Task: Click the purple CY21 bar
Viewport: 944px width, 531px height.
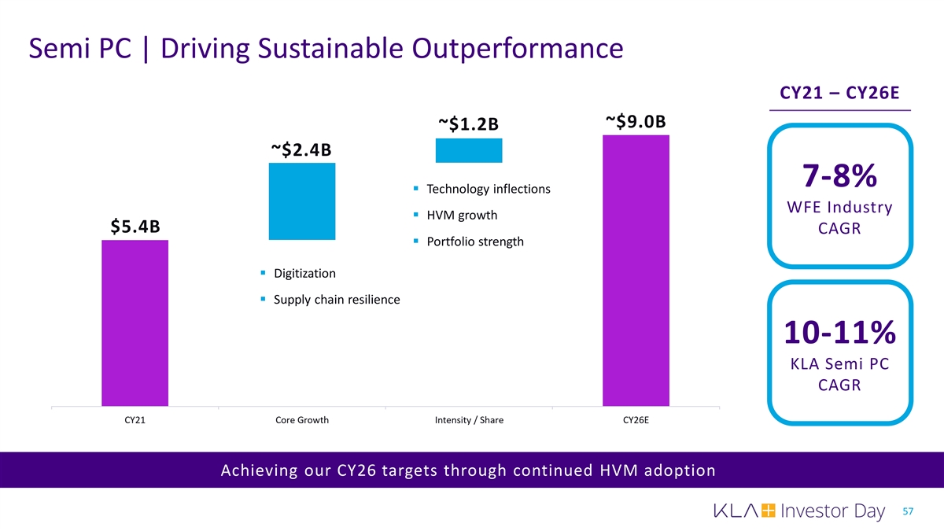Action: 135,323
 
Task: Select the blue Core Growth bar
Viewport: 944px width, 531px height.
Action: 302,201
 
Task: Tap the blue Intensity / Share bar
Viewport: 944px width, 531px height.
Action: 469,150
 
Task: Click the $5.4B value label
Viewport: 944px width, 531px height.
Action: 135,227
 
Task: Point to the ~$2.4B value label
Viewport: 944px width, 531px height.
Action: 301,149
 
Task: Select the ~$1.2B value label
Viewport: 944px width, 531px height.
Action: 469,124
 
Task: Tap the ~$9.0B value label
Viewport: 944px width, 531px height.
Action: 636,121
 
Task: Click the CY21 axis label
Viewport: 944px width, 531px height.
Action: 135,420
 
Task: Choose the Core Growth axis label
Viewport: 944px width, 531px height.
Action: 302,420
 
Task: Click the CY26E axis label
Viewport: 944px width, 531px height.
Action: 636,420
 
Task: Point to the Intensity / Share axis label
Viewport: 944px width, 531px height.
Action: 469,420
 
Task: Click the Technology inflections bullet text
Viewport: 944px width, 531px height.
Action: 488,190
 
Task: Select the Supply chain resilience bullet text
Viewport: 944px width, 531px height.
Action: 336,300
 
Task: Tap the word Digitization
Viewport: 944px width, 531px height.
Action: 304,273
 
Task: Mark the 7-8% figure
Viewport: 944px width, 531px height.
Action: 839,176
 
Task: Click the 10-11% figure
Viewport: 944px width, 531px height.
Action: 839,332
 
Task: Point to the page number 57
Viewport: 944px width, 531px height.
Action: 909,512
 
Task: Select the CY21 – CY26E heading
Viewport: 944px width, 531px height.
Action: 839,94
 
